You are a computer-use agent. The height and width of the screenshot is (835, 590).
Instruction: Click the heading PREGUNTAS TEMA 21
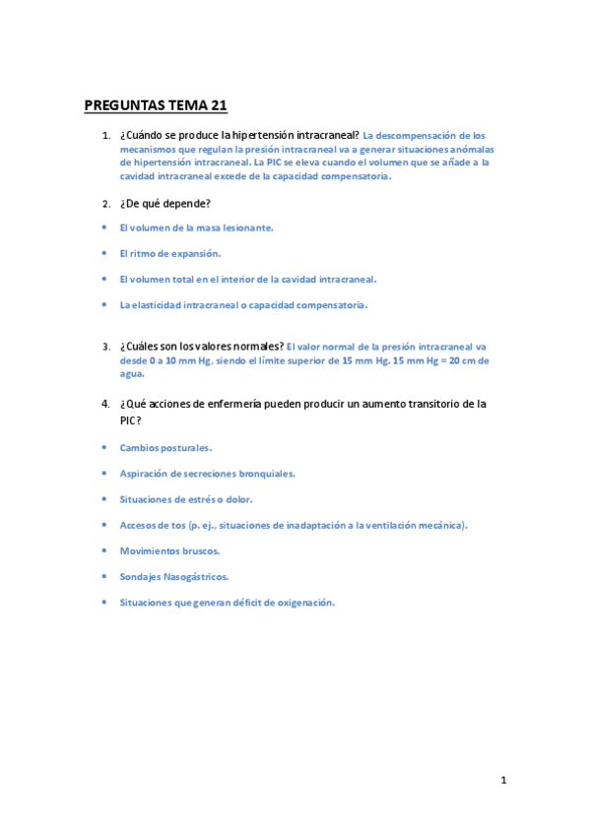[156, 106]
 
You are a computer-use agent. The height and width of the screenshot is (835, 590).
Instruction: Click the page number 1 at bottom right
[503, 781]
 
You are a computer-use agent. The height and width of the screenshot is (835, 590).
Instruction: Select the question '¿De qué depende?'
[164, 204]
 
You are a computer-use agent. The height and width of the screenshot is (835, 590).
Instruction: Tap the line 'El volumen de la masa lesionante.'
[196, 227]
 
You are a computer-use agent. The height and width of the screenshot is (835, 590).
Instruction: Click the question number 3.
[105, 347]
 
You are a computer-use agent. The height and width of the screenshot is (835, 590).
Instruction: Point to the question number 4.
[105, 404]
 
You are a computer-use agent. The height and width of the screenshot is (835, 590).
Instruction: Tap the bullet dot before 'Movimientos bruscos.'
[104, 550]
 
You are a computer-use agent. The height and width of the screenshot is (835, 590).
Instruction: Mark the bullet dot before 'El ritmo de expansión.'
[104, 253]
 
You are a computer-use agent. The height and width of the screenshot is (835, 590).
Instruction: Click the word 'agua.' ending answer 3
[132, 374]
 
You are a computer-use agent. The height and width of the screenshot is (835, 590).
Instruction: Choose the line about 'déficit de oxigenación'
[228, 602]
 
